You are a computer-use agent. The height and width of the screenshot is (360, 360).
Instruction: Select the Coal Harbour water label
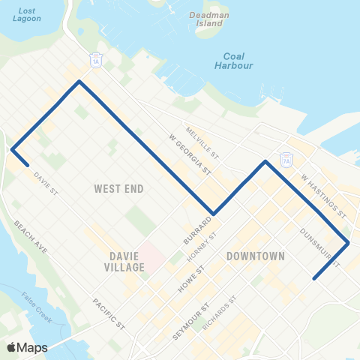[239, 60]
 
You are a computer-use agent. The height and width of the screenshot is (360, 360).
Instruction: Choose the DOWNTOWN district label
[255, 256]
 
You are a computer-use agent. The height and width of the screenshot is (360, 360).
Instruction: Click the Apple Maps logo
[27, 347]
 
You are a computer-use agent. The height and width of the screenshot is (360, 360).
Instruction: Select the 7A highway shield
[286, 159]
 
